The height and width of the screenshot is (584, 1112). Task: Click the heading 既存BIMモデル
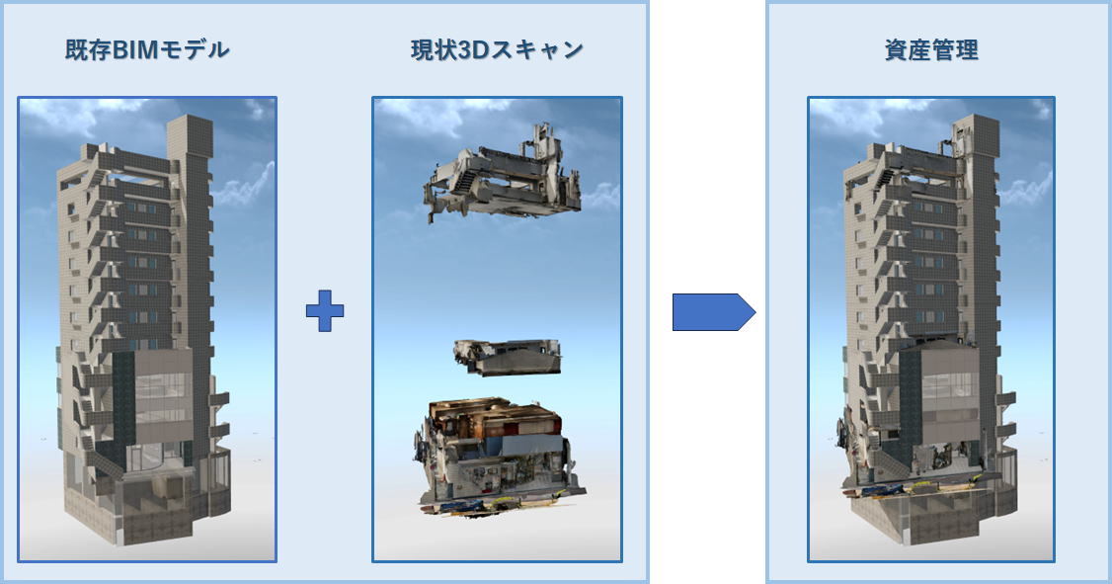[147, 50]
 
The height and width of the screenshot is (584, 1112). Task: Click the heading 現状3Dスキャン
[497, 50]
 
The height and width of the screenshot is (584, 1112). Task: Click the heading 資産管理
[931, 50]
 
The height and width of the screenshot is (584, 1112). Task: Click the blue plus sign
[325, 312]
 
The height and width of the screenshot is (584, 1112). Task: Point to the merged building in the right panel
[923, 326]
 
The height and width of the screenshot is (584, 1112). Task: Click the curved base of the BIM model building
[148, 504]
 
